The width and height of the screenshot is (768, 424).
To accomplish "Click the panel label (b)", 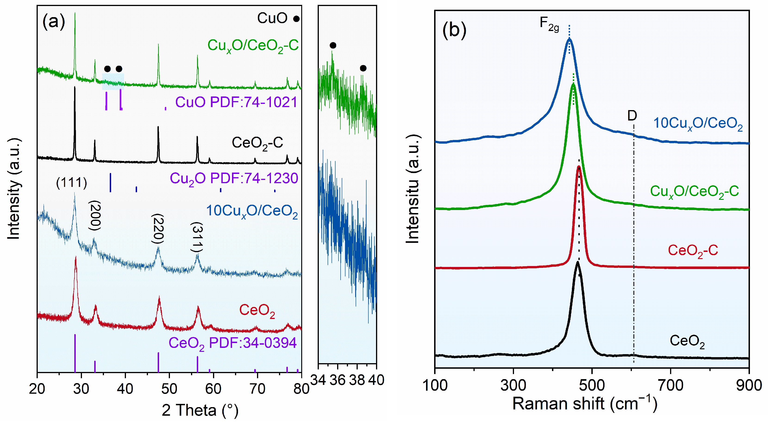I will click(454, 30).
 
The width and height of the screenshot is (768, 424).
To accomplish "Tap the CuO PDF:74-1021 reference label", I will click(236, 102).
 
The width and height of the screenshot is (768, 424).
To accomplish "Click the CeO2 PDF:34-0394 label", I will click(232, 343).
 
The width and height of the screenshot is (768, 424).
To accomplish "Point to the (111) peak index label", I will click(72, 182).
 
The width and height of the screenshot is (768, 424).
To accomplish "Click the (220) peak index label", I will click(158, 229).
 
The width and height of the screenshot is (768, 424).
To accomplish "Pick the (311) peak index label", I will click(197, 237).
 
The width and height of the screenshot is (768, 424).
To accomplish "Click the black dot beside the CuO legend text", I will click(296, 19).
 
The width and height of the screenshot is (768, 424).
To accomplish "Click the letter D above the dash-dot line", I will click(632, 115).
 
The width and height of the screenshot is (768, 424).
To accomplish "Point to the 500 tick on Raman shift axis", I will click(592, 385).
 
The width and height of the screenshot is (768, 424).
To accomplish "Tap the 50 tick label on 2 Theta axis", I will click(169, 389).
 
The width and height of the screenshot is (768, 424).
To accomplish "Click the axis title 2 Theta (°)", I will click(200, 410).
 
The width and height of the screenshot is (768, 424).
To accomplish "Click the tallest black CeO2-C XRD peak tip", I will click(75, 87).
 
